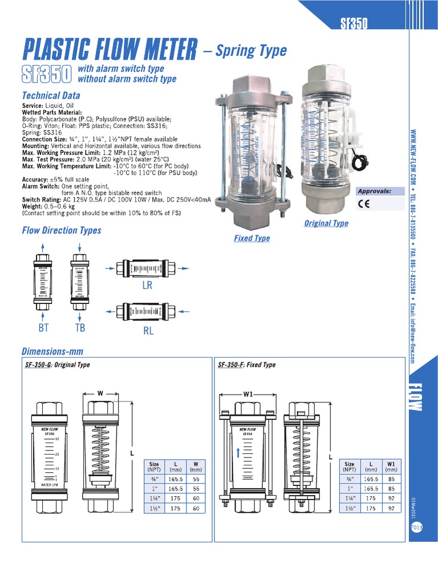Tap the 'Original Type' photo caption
pos(326,223)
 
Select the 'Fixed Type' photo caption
pos(252,238)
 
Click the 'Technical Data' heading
pos(51,95)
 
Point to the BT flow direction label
pos(44,327)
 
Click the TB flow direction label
pos(80,327)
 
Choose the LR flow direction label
pos(147,286)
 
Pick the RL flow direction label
pos(148,330)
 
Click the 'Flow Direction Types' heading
pos(62,230)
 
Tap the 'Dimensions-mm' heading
pos(52,351)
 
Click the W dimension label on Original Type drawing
pos(100,393)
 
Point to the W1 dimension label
pos(248,393)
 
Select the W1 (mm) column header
pos(391,467)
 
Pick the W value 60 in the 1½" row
pos(196,508)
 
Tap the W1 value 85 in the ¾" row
pos(391,479)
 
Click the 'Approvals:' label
pos(374,191)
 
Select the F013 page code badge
pos(416,528)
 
